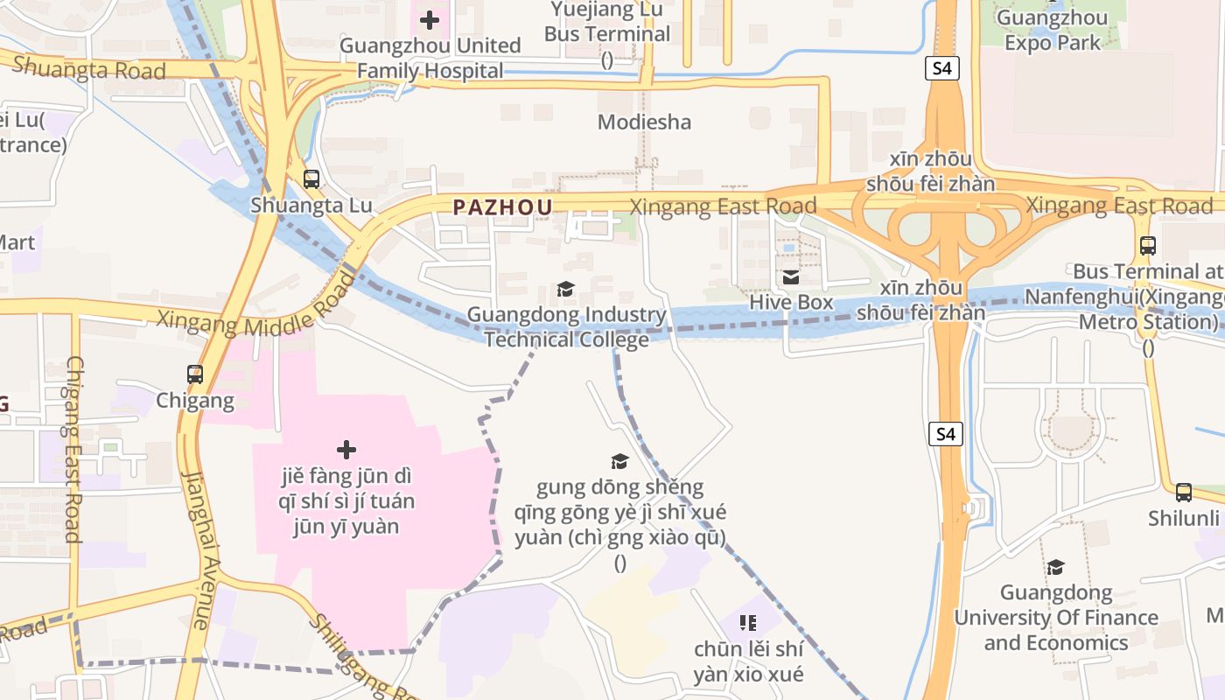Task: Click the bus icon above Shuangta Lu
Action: [311, 179]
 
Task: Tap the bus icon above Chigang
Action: [195, 374]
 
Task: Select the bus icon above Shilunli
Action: [1184, 492]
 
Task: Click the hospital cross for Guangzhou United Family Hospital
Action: [429, 19]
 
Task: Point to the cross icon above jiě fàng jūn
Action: [346, 450]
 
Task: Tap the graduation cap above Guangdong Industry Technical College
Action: [566, 289]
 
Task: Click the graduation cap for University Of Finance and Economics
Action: [1056, 567]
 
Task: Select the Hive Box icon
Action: [791, 277]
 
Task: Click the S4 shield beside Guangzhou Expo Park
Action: [941, 67]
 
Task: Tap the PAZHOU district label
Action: [502, 207]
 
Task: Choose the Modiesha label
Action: [644, 122]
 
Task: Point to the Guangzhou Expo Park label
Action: [1052, 30]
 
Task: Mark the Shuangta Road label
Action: [88, 68]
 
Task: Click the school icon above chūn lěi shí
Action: [748, 623]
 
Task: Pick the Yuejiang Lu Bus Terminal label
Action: [606, 22]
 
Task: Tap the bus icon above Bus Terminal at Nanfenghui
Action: [1148, 246]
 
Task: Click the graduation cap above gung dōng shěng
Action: [619, 461]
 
